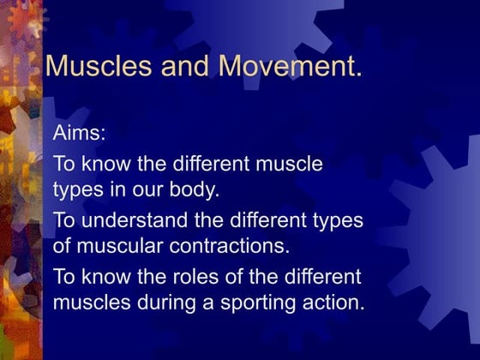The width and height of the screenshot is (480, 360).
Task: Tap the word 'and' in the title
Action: [176, 66]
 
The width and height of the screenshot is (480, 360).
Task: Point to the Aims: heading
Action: [78, 135]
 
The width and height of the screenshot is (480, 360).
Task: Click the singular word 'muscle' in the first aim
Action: [288, 163]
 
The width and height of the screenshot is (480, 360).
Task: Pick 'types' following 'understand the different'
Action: [334, 220]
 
